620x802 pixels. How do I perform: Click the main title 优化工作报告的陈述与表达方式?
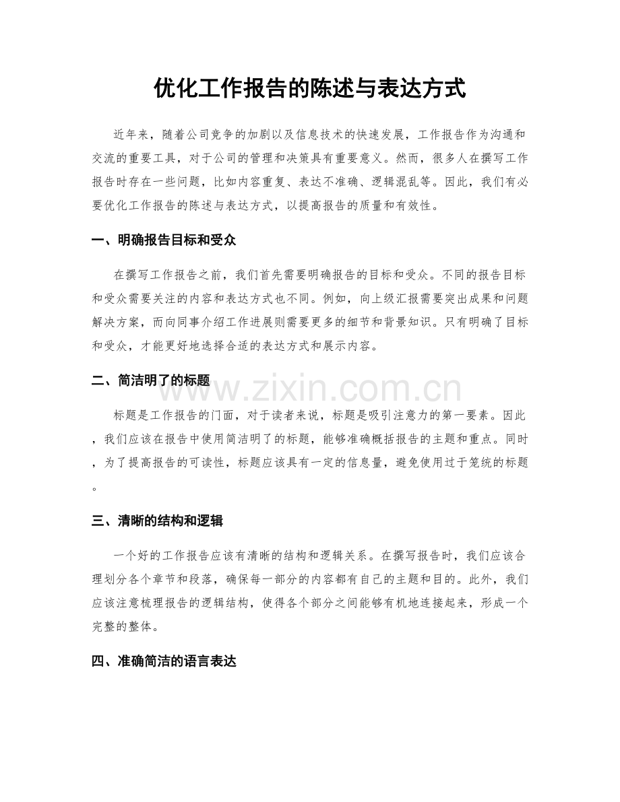(x=310, y=88)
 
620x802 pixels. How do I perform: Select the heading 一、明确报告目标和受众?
(x=164, y=240)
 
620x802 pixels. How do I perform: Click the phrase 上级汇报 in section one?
(x=412, y=299)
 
